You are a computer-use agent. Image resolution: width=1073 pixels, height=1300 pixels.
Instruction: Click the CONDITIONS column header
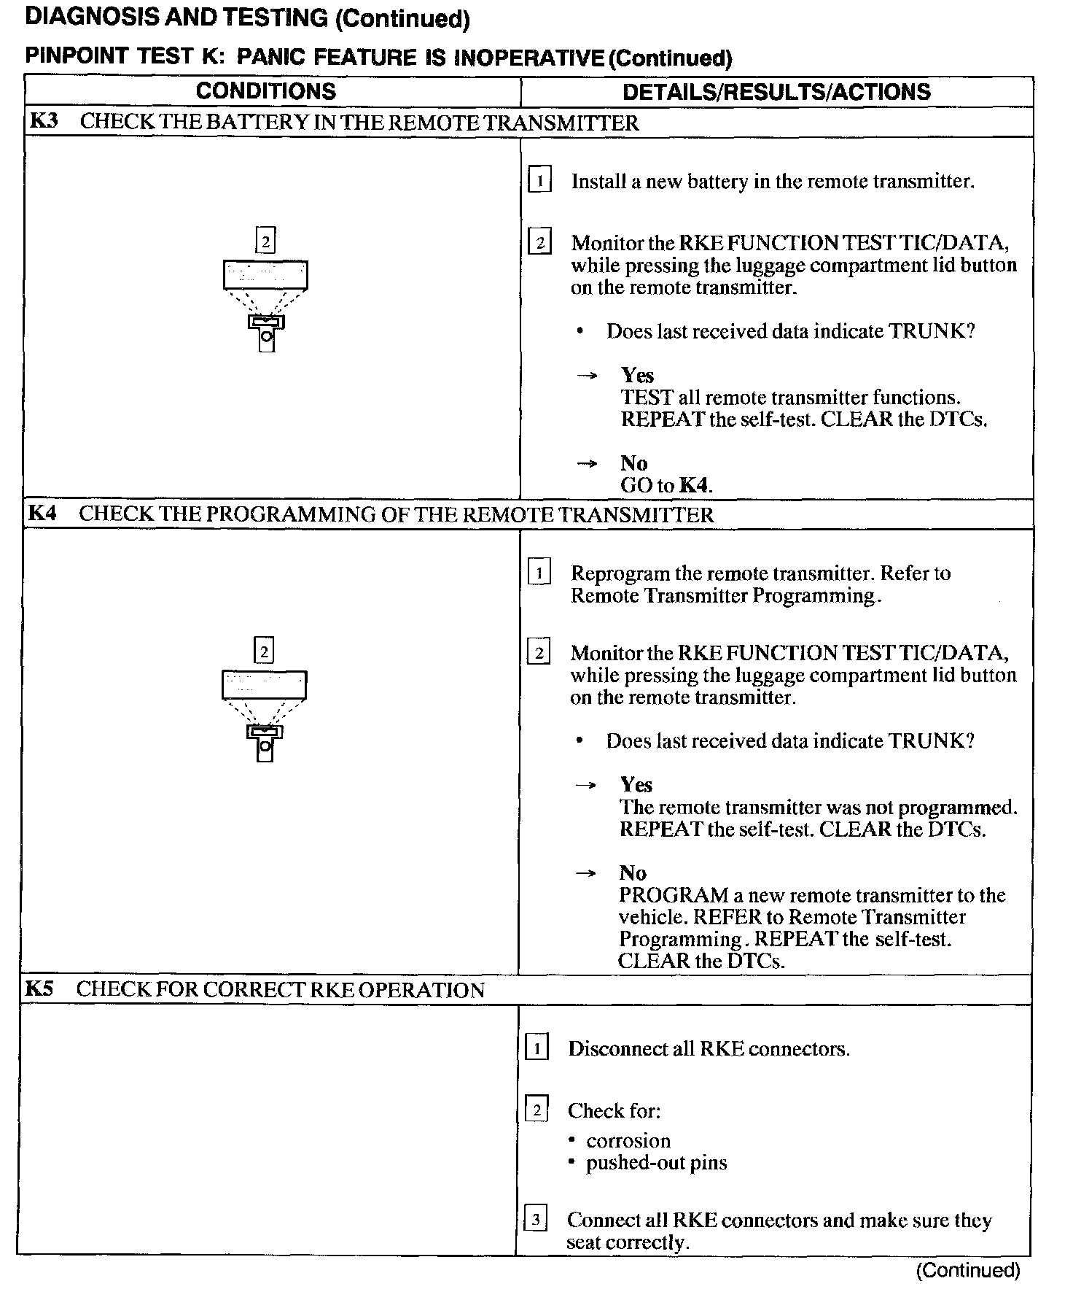click(265, 91)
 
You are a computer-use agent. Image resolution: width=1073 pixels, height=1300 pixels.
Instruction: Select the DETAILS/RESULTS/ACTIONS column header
click(776, 92)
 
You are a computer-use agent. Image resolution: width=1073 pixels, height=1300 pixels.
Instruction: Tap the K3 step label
click(43, 121)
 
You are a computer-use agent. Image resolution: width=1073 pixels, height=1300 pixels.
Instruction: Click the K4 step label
click(42, 514)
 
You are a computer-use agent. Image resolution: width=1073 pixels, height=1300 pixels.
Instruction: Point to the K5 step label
click(39, 989)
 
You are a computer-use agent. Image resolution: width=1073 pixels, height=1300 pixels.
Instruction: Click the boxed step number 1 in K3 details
click(539, 179)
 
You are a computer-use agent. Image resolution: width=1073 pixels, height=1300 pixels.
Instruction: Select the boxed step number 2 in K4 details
click(539, 652)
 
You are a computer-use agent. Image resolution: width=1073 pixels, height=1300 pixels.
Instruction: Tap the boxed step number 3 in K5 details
click(536, 1219)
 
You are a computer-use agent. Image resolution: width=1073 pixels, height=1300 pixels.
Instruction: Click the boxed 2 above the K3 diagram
click(265, 240)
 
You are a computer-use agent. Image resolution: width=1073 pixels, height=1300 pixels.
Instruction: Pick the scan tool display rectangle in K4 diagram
click(264, 685)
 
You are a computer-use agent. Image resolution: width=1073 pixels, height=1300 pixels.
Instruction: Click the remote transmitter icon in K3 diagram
click(266, 332)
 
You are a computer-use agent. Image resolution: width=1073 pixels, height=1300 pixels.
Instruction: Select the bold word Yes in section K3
click(637, 375)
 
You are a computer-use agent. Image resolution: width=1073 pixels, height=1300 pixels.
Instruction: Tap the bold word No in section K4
click(633, 873)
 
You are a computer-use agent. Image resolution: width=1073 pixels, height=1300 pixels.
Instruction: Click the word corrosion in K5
click(628, 1140)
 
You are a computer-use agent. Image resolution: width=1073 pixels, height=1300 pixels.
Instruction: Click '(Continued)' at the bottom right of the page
click(967, 1270)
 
